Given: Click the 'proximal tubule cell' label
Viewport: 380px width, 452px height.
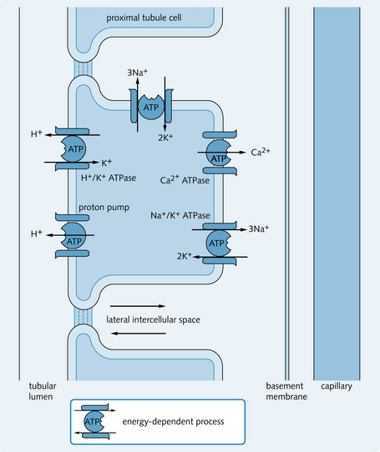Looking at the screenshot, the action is [144, 18].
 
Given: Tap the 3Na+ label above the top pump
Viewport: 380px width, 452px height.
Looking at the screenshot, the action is [137, 73].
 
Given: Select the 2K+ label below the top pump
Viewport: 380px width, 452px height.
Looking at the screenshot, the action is [165, 138].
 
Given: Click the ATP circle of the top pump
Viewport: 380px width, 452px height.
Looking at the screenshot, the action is [150, 107].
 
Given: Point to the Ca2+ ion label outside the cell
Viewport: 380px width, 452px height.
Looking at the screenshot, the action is [261, 152].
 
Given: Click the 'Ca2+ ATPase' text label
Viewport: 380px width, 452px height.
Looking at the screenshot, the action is [185, 180].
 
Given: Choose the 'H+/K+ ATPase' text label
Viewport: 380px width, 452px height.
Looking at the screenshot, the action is [109, 178].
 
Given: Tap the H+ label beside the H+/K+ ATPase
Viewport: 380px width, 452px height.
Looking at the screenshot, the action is [37, 133].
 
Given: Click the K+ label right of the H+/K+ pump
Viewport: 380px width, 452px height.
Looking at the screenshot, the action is [107, 163].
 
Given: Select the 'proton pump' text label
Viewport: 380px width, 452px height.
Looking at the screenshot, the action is [104, 208].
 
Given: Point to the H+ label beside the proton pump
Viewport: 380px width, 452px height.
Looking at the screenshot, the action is [37, 234].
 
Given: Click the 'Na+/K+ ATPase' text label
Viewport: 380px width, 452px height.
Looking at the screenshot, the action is [180, 215].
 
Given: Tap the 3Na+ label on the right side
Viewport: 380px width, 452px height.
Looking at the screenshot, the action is [259, 229].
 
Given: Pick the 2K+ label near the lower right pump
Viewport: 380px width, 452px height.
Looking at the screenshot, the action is [185, 256].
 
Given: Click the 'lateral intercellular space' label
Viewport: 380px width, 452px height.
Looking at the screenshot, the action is [153, 319].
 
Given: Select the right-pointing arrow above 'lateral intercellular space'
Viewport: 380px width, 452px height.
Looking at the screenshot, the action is [138, 306].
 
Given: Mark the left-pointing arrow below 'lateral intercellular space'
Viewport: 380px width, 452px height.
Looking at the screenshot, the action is [139, 334].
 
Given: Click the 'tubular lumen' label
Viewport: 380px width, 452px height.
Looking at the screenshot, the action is [42, 391].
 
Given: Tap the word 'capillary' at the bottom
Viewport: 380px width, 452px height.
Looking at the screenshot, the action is [337, 386].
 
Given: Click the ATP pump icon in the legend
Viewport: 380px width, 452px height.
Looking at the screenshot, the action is [94, 421].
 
